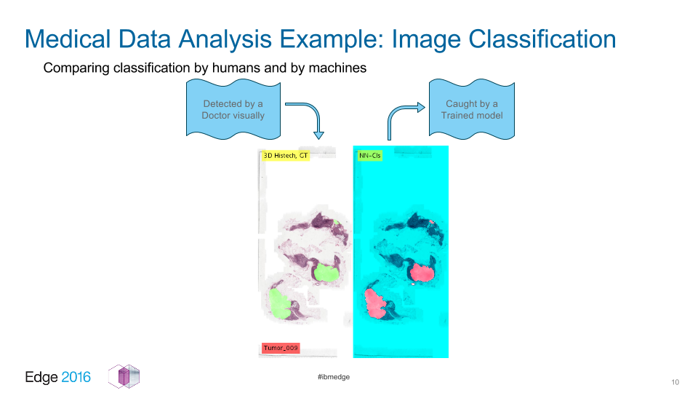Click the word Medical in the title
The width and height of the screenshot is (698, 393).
click(68, 39)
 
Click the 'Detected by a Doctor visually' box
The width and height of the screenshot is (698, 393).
click(233, 109)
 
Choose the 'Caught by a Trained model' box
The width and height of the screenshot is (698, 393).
click(472, 109)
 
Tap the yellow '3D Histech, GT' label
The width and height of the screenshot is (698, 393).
click(286, 156)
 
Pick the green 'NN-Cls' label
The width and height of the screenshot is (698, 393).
click(370, 156)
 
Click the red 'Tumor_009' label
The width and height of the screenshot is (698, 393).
click(281, 348)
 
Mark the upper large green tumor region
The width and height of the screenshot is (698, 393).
click(326, 271)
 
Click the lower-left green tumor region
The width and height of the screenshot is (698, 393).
click(279, 303)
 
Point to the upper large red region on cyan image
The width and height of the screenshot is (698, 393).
click(421, 272)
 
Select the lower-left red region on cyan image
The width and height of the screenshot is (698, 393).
click(375, 303)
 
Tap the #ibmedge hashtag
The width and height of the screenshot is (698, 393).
click(334, 377)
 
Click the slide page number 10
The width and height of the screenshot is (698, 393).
click(675, 382)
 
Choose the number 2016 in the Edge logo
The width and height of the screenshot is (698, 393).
click(76, 377)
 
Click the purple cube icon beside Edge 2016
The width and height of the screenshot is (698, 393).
click(124, 376)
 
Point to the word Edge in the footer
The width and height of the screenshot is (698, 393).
click(41, 378)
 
